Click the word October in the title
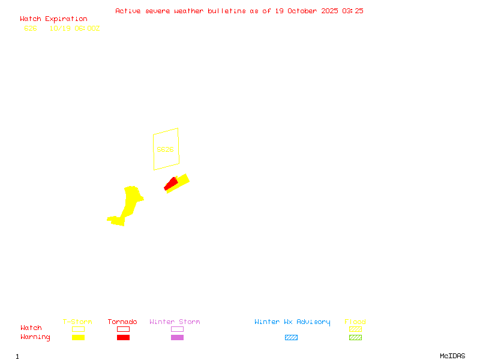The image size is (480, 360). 306,11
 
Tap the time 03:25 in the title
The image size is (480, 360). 353,11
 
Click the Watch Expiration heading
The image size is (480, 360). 53,19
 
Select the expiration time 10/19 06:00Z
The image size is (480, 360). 74,28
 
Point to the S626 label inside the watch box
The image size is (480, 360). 165,149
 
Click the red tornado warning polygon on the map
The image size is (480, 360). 171,184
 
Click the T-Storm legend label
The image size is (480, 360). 77,322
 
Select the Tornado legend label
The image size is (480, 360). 122,322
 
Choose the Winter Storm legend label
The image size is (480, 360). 175,322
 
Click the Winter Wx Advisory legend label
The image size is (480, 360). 292,322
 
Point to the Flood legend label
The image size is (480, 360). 355,322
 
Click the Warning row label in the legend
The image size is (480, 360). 35,337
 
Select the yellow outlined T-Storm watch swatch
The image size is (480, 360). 78,329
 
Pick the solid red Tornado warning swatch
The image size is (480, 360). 123,337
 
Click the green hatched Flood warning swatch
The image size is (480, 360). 355,337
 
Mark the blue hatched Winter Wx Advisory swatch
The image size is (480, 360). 291,337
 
